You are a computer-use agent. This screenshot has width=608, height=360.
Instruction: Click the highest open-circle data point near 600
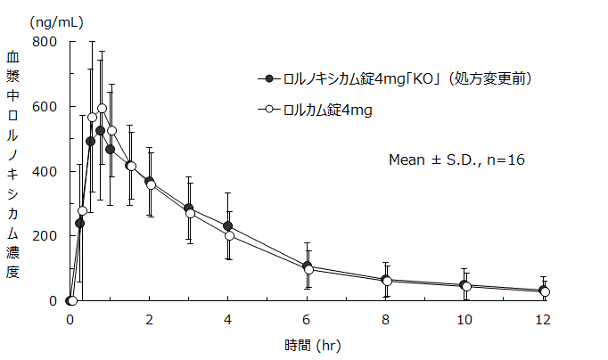click(102, 109)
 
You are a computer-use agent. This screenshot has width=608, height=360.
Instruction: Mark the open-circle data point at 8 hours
click(387, 282)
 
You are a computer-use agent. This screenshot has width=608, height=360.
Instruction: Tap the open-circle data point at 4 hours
click(229, 235)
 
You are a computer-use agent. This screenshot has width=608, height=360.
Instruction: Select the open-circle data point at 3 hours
click(190, 214)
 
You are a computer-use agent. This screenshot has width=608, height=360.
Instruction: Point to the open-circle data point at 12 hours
click(546, 292)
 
